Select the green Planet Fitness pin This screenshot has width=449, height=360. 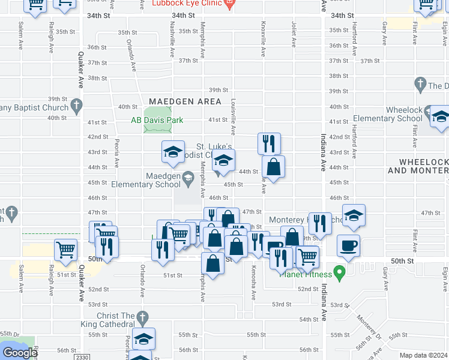click(x=340, y=274)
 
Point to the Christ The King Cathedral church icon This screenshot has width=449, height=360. click(x=142, y=316)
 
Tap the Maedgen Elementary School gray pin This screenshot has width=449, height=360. click(x=188, y=176)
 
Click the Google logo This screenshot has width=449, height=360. click(x=20, y=353)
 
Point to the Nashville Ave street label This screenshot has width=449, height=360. click(x=172, y=40)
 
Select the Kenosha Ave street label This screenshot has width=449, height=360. click(x=254, y=281)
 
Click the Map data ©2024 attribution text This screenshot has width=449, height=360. click(x=424, y=355)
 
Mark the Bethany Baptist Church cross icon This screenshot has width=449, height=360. click(x=76, y=107)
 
